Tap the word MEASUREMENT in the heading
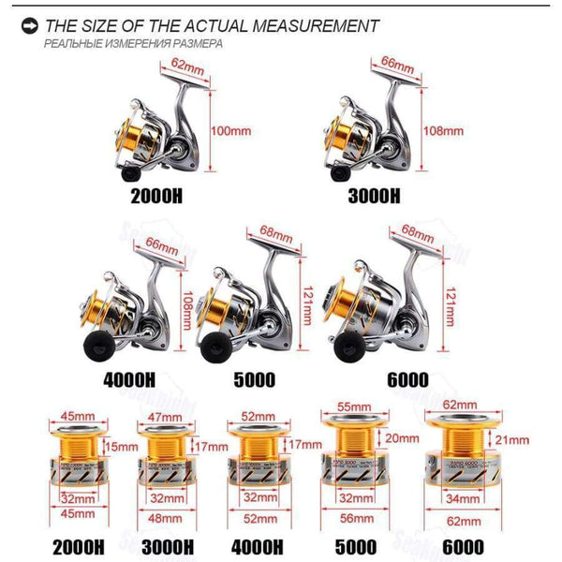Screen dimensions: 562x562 [x=306, y=26]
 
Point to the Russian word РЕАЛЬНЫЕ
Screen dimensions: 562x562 [x=75, y=45]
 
